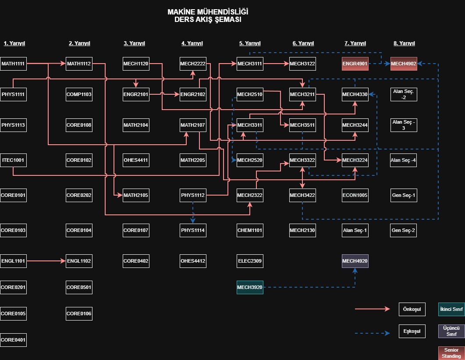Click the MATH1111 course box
[13, 64]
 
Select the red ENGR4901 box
[355, 64]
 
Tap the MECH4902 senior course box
[403, 64]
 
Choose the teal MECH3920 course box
[250, 287]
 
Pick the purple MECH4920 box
[355, 261]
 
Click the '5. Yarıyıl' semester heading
[250, 43]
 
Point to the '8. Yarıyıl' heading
[404, 43]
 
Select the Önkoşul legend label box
[412, 309]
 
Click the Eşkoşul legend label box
[412, 331]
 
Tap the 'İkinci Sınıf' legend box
[451, 309]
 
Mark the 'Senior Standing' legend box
[451, 353]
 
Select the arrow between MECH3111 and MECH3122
[276, 64]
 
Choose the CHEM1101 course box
[250, 230]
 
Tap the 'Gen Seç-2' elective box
[403, 230]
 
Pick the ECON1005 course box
[355, 195]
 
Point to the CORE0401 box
[13, 340]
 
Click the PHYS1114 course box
[193, 230]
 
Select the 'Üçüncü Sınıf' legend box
[451, 331]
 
